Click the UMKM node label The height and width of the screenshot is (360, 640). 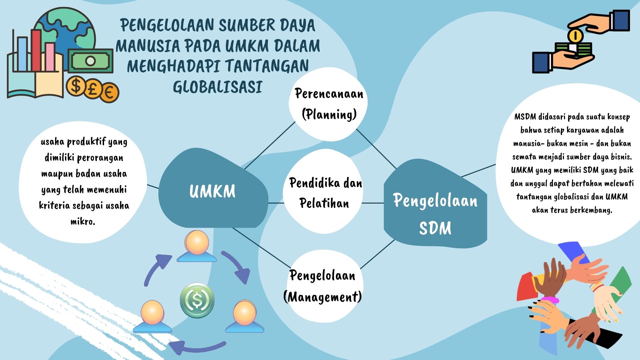(212, 191)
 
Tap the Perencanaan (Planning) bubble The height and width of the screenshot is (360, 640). (328, 104)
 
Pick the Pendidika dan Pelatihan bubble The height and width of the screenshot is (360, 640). (323, 192)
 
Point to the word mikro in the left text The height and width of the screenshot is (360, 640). (83, 221)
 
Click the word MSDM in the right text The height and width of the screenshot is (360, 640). (525, 117)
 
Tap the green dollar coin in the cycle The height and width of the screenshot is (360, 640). (197, 300)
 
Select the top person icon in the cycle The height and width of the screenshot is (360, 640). (197, 246)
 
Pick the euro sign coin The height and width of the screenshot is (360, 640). (108, 92)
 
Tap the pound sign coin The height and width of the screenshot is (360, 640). (92, 88)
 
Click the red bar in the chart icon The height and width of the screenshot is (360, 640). (36, 50)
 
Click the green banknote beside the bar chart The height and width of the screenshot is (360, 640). (90, 61)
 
